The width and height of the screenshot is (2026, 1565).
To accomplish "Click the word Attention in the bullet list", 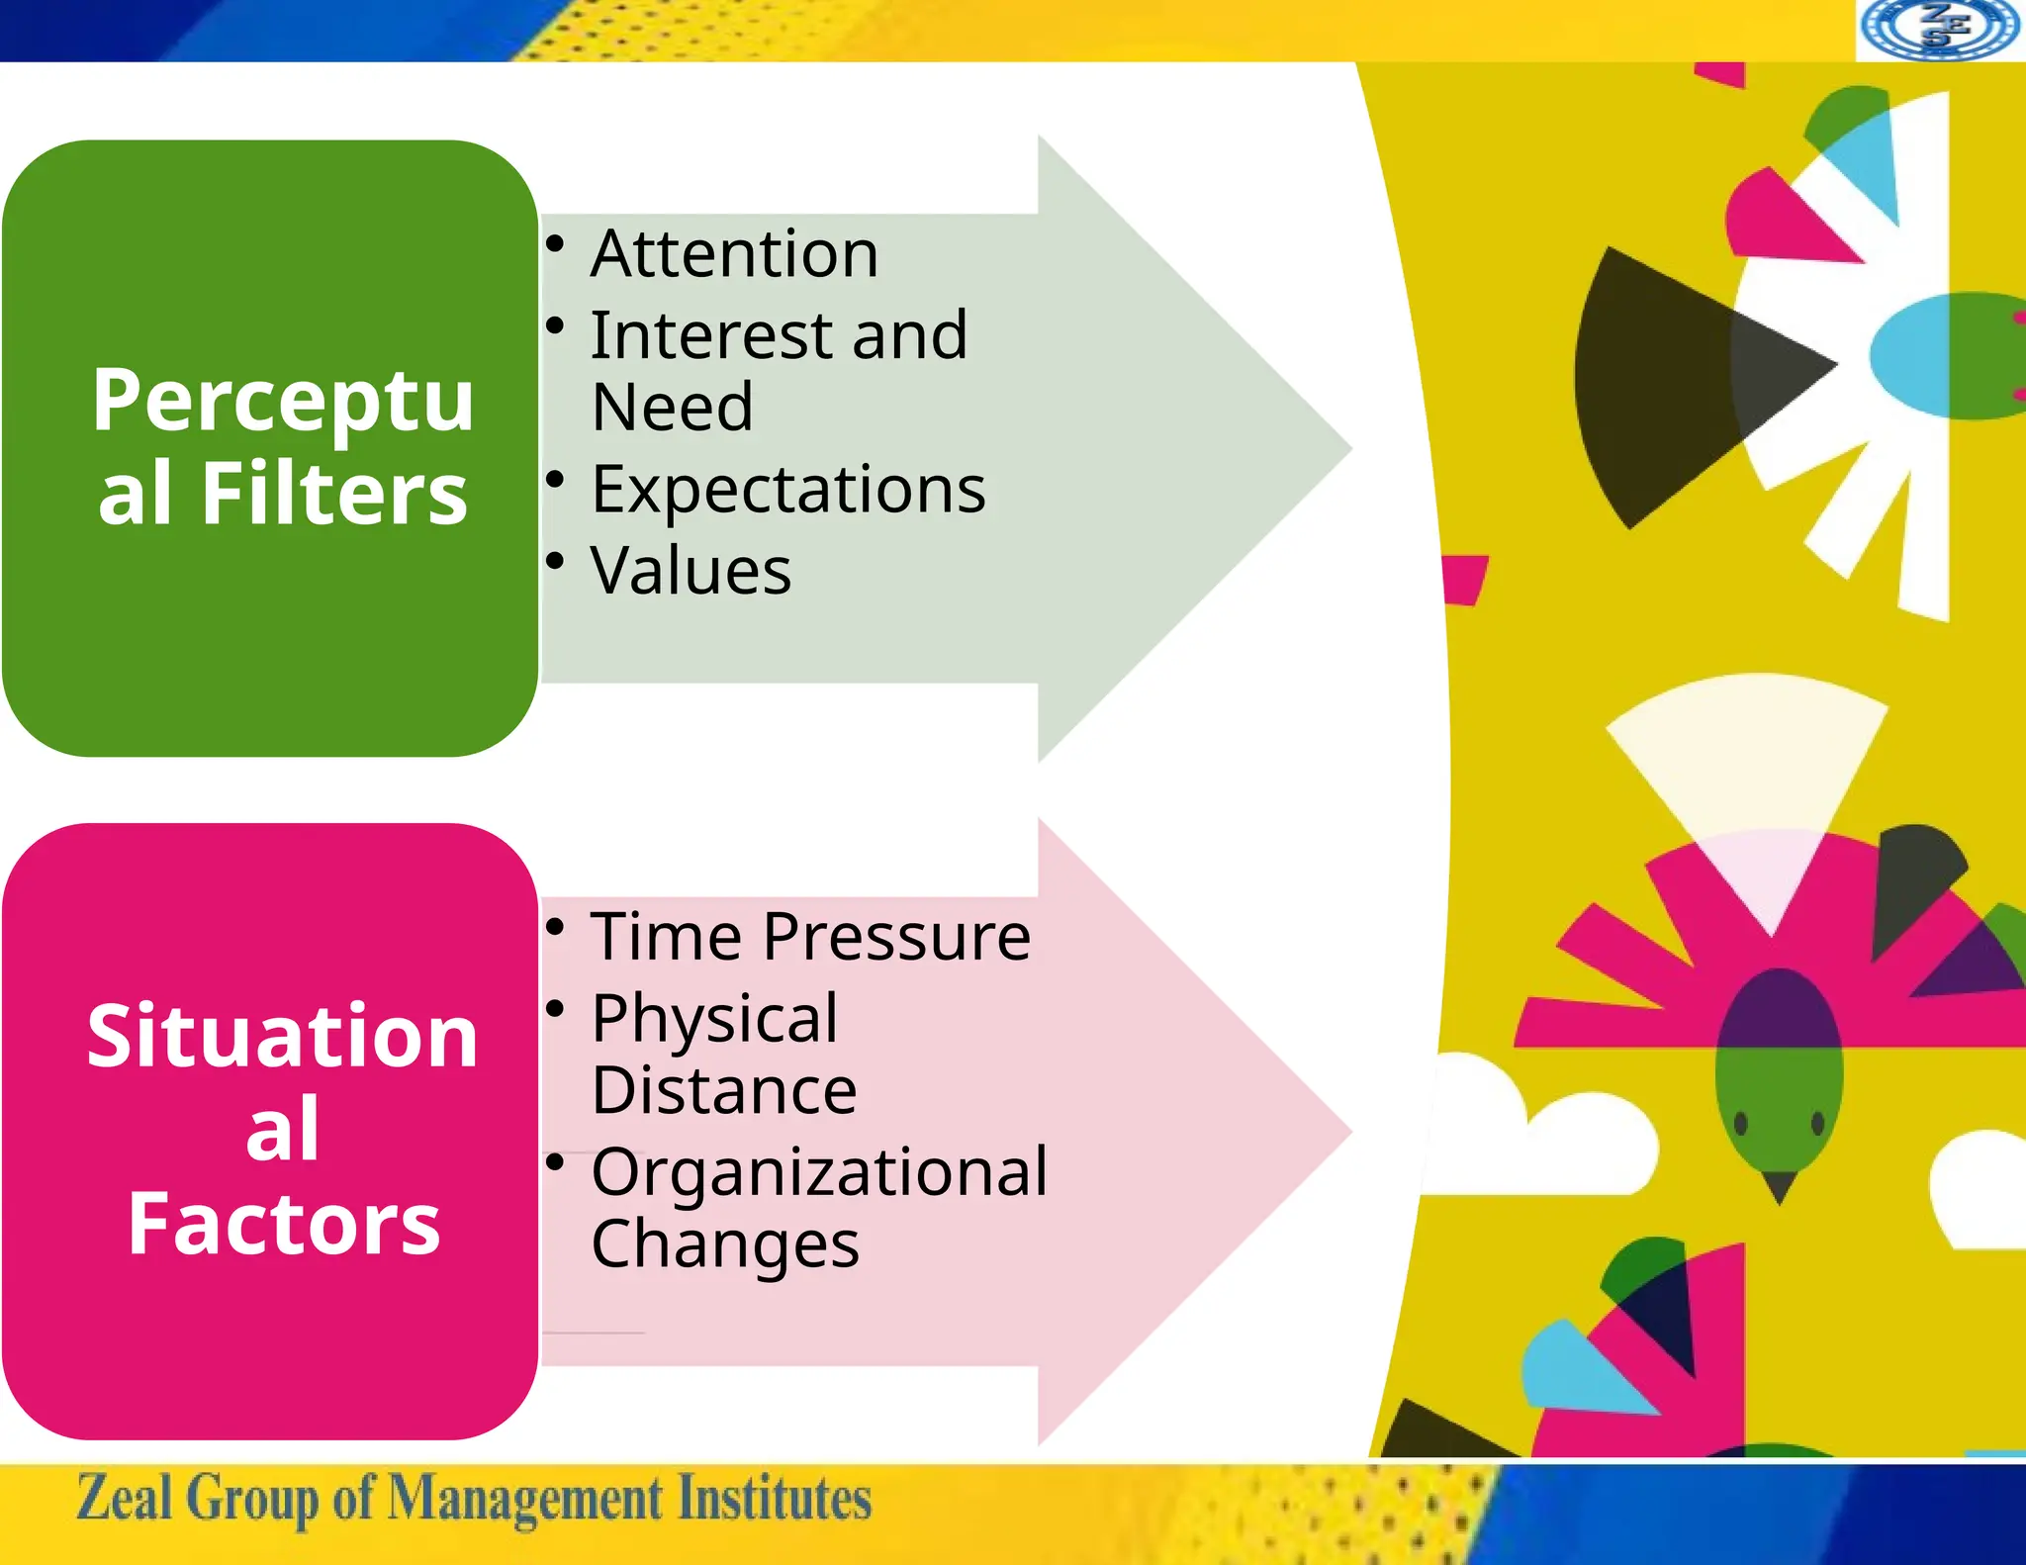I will (x=734, y=254).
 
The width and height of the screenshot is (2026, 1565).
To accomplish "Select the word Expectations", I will (x=788, y=490).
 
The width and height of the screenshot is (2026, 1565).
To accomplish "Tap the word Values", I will (x=691, y=571).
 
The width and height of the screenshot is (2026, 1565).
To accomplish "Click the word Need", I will (x=673, y=407).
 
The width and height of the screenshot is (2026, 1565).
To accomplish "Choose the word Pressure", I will (x=896, y=937).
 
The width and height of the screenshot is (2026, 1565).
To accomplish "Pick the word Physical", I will (x=714, y=1019).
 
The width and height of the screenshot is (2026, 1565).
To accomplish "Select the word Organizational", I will (x=819, y=1172).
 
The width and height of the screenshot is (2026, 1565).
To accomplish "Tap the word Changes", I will (x=725, y=1244).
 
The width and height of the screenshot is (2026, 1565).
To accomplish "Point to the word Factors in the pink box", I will (x=284, y=1224).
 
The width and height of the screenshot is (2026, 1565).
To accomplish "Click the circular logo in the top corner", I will (x=1940, y=30).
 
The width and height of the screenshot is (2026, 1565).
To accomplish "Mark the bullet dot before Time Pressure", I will (x=556, y=928).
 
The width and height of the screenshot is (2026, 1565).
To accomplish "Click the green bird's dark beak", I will (x=1780, y=1185).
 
